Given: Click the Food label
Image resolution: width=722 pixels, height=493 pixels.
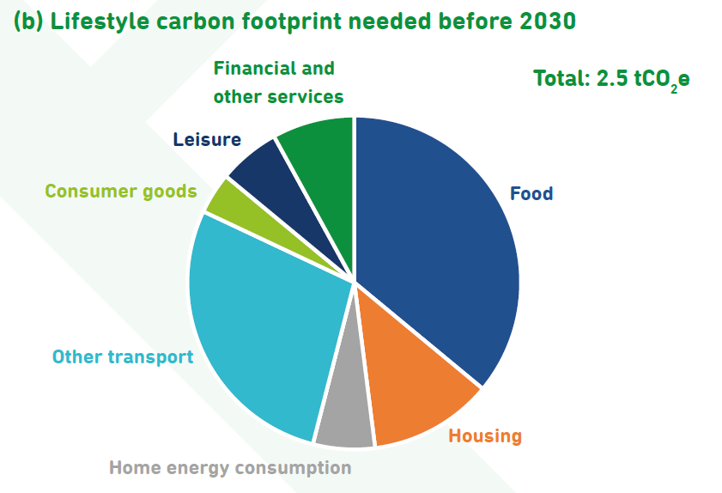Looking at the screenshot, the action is tap(531, 193).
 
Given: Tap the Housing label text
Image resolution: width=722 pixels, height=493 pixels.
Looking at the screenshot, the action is tap(485, 435).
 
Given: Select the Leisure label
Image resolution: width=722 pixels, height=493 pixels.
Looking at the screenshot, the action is tap(207, 139).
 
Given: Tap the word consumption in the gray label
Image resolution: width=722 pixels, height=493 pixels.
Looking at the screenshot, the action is tap(294, 468).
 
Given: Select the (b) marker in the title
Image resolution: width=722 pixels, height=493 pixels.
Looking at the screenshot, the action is tap(28, 21).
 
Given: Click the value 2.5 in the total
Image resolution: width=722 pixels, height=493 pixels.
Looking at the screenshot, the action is tap(612, 78).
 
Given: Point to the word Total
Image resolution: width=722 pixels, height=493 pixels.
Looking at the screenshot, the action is tap(561, 78).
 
